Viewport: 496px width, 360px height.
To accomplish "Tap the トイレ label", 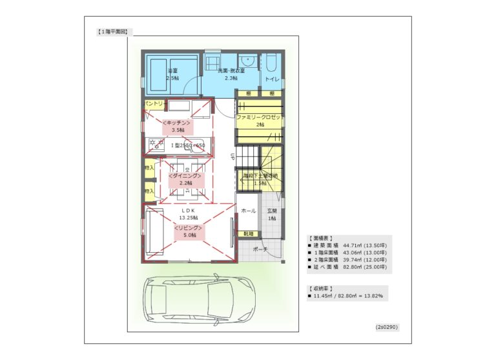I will pyautogui.click(x=271, y=79).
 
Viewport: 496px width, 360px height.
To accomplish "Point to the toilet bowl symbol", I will pyautogui.click(x=271, y=63).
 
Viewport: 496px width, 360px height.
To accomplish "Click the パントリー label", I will pyautogui.click(x=156, y=103).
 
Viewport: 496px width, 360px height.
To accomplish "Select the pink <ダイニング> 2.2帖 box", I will pyautogui.click(x=185, y=179).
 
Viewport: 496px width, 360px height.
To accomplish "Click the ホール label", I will pyautogui.click(x=247, y=211).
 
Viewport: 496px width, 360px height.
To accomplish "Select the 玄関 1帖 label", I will pyautogui.click(x=271, y=215).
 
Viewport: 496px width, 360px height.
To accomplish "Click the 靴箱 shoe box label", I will pyautogui.click(x=248, y=233).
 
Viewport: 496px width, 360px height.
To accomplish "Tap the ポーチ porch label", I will pyautogui.click(x=260, y=249).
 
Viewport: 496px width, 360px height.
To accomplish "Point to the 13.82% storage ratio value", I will pyautogui.click(x=372, y=296).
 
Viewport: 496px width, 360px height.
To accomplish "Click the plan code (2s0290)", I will pyautogui.click(x=387, y=327).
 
